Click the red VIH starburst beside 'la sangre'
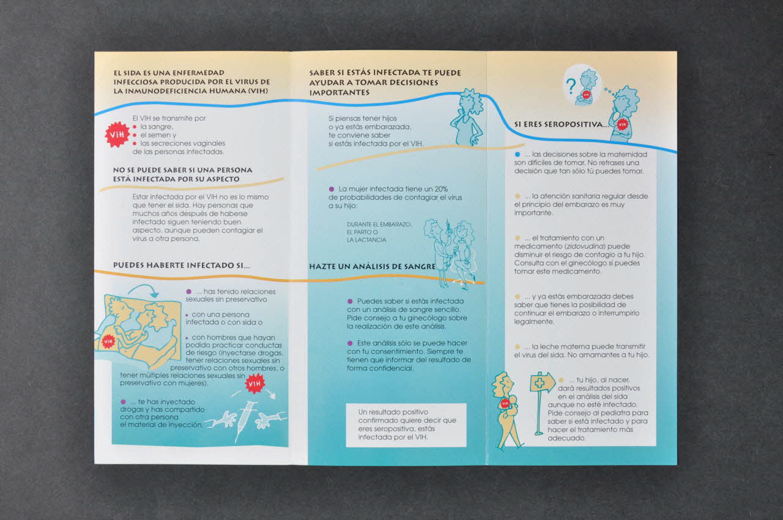pos(117,134)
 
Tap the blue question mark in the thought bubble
pos(571,86)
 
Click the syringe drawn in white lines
pos(244,421)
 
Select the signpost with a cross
pos(542,403)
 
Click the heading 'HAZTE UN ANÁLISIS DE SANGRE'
pos(373,266)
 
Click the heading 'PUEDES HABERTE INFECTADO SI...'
pos(182,266)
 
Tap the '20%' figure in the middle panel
pos(441,188)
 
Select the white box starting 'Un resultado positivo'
pos(406,425)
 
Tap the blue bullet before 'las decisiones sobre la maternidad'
pos(518,154)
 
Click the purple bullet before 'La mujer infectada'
pos(332,188)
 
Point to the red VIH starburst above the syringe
pos(255,384)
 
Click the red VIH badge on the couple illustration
pos(108,341)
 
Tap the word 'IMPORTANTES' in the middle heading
pos(339,92)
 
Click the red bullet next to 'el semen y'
pos(135,135)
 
